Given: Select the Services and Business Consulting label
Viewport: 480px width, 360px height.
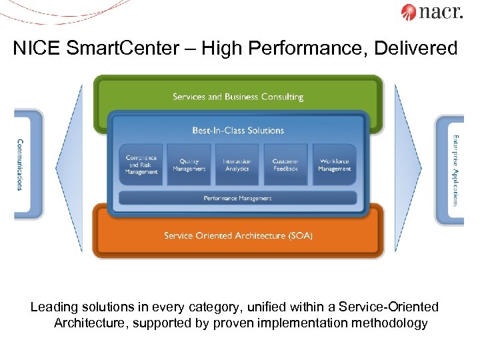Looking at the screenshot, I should tap(238, 97).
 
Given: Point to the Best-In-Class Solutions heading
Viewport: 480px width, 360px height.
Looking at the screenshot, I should tap(238, 131).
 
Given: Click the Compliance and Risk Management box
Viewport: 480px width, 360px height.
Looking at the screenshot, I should tap(141, 165).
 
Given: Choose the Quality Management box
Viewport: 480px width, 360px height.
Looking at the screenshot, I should tap(189, 165).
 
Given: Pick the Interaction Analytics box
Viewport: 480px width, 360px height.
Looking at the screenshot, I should tap(237, 165).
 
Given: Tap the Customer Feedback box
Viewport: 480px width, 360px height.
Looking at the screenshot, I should tap(286, 165).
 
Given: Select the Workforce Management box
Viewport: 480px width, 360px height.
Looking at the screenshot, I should tap(334, 165).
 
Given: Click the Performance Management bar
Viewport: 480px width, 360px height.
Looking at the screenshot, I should tap(238, 198).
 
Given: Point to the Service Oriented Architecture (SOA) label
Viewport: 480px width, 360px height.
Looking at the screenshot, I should tap(238, 235).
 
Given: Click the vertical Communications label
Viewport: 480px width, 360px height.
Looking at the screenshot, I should tap(19, 165).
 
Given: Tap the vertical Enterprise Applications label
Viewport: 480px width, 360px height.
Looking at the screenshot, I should tap(456, 170).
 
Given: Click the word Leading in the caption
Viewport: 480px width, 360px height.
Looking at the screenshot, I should tap(53, 307).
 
